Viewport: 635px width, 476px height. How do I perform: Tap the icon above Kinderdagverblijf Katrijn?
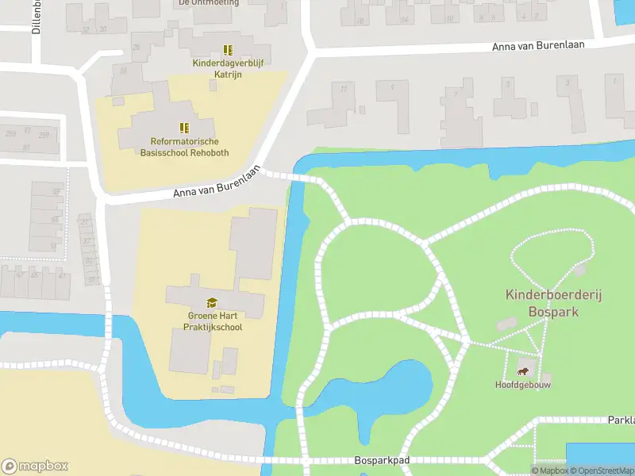[x=228, y=50]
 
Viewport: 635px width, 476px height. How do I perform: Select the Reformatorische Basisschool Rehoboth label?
[x=183, y=147]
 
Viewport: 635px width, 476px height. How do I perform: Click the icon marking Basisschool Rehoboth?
[x=184, y=127]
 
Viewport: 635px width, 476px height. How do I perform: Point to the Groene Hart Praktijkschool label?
[x=210, y=321]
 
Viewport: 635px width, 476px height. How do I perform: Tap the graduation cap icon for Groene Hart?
[x=211, y=302]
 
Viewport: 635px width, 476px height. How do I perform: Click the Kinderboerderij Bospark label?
[x=554, y=303]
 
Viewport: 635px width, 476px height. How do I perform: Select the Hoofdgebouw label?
[x=523, y=385]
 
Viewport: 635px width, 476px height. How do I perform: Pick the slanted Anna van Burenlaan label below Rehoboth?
[x=217, y=182]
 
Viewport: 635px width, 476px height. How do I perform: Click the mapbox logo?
[x=34, y=466]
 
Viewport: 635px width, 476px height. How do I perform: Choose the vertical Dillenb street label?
[x=37, y=16]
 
